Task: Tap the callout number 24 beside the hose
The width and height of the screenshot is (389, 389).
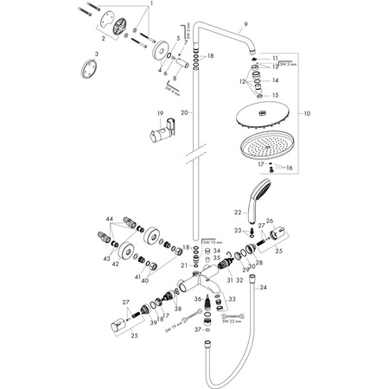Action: (263, 286)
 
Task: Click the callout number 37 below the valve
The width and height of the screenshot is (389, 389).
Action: (198, 329)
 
